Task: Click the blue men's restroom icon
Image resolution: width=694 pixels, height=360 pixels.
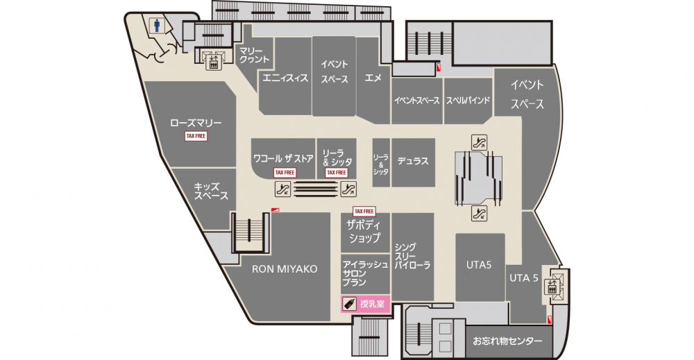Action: pos(157,26)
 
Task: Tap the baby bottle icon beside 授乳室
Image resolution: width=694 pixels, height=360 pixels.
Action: pos(350,304)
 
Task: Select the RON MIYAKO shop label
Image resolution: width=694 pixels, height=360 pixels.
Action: pos(285,269)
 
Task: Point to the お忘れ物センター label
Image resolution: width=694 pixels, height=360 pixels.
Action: pos(507,341)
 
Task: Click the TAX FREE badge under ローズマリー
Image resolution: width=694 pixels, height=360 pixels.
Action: pos(196,136)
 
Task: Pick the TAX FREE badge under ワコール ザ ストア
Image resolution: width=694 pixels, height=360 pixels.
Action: pos(285,173)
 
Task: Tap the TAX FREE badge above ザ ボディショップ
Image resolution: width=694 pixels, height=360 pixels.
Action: pos(364,212)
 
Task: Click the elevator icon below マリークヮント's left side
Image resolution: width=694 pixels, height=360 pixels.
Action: pos(213,62)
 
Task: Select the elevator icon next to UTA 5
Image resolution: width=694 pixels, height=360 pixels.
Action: pos(552,286)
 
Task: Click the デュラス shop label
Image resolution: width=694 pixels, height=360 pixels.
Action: pos(412,161)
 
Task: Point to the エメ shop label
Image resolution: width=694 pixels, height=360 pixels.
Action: pos(373,78)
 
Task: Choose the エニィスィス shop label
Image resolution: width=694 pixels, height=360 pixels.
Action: pos(285,78)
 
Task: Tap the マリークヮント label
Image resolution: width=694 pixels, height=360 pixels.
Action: pos(253,55)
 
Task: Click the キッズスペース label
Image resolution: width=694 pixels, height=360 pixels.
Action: pos(211,191)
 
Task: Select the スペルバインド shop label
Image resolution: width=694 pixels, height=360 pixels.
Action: pos(468,101)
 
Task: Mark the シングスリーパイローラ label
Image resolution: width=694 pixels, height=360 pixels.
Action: pos(412,257)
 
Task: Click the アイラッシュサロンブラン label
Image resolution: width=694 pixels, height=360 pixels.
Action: pos(365,273)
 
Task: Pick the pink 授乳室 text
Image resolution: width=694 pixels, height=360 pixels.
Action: pos(372,304)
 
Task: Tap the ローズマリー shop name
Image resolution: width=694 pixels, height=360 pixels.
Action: pos(196,123)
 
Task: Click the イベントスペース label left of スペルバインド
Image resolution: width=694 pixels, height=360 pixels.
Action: pos(417,101)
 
